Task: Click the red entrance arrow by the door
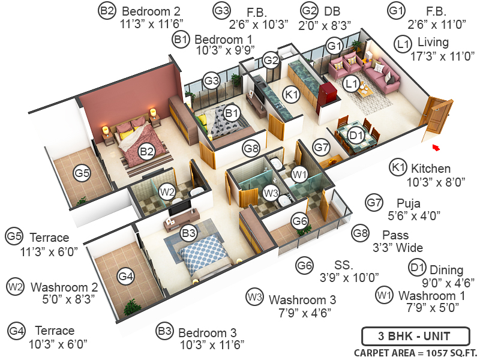click(x=436, y=147)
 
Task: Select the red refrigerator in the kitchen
click(x=326, y=97)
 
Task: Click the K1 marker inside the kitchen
click(x=292, y=94)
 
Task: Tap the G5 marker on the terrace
click(x=82, y=174)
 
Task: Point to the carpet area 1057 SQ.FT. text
click(x=415, y=352)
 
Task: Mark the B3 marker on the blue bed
click(x=188, y=232)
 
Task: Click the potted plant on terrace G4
click(x=131, y=308)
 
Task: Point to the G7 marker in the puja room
click(x=322, y=146)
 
